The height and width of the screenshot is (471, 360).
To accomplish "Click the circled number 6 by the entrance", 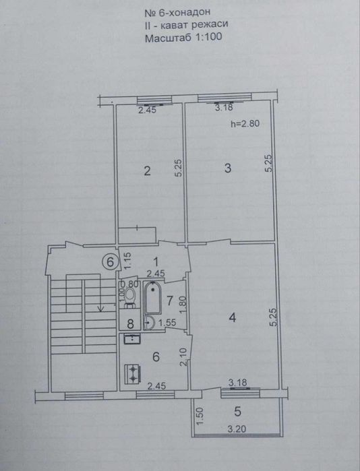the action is (x=111, y=262).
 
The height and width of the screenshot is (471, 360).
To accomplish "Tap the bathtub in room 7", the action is (x=153, y=297).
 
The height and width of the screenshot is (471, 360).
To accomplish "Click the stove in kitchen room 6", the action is (x=133, y=373).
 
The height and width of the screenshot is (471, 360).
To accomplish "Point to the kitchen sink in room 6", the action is (x=132, y=338).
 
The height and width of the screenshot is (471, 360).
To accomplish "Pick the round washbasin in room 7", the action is (x=149, y=322).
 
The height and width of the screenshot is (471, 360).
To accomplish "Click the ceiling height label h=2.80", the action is (x=245, y=123).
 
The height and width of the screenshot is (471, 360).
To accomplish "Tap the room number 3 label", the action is (x=228, y=168).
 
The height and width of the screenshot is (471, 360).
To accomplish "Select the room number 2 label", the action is (x=147, y=171).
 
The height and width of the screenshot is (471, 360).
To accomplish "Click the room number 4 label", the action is (x=233, y=317).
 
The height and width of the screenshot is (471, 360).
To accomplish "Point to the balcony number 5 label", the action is (x=237, y=412).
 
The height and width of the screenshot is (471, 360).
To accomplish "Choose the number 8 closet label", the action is (x=130, y=324).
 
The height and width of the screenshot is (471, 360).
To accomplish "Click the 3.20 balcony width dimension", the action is (x=237, y=429).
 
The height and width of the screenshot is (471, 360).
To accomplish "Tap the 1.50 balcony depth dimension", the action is (x=200, y=416).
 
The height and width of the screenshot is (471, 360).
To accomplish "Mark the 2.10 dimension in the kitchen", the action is (x=183, y=356).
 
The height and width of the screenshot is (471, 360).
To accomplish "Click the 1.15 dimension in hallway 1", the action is (x=127, y=260).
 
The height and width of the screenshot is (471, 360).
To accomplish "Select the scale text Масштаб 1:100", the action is (x=183, y=38).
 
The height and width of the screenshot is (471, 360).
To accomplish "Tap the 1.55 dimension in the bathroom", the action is (x=167, y=322).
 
